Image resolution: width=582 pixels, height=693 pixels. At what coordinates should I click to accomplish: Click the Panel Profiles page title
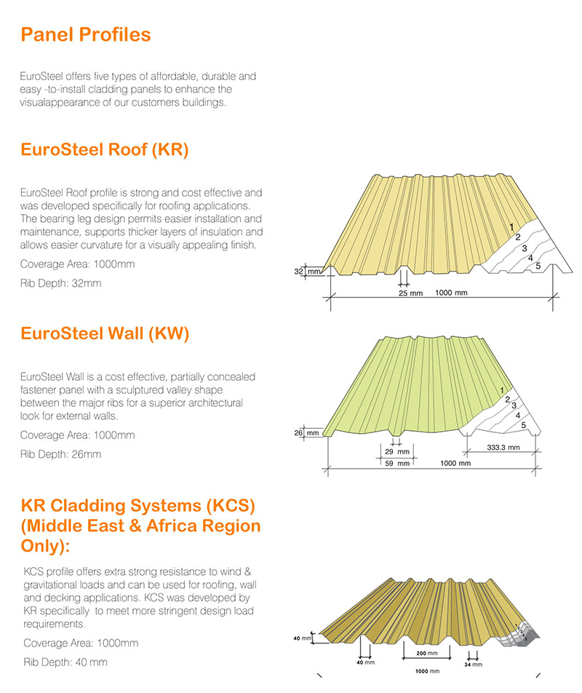click(86, 34)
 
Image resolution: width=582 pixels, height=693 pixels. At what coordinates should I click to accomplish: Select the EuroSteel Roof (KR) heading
click(105, 151)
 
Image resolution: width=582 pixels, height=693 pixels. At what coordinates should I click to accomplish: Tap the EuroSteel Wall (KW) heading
click(105, 334)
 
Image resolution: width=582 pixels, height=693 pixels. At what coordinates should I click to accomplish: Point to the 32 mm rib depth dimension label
click(306, 272)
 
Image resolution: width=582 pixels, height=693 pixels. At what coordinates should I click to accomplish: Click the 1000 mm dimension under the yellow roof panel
click(451, 293)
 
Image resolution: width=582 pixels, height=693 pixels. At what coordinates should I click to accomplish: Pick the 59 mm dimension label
click(397, 463)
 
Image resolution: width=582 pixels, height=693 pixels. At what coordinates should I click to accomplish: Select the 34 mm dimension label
click(473, 664)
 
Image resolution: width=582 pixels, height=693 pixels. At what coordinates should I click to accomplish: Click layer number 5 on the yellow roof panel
click(538, 266)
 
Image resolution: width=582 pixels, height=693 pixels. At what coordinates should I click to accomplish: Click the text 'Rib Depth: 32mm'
click(61, 282)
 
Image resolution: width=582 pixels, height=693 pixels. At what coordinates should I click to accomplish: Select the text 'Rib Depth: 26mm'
click(61, 454)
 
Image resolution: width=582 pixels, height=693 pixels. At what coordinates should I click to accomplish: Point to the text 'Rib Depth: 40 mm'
click(65, 662)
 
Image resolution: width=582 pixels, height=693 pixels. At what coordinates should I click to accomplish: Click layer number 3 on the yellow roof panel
click(524, 248)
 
